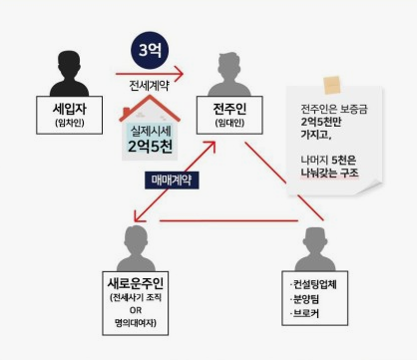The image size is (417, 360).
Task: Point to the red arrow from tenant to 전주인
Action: coord(150,72)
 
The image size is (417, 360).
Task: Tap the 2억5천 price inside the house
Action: coord(151,146)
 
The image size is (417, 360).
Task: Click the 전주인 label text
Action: coord(229,106)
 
